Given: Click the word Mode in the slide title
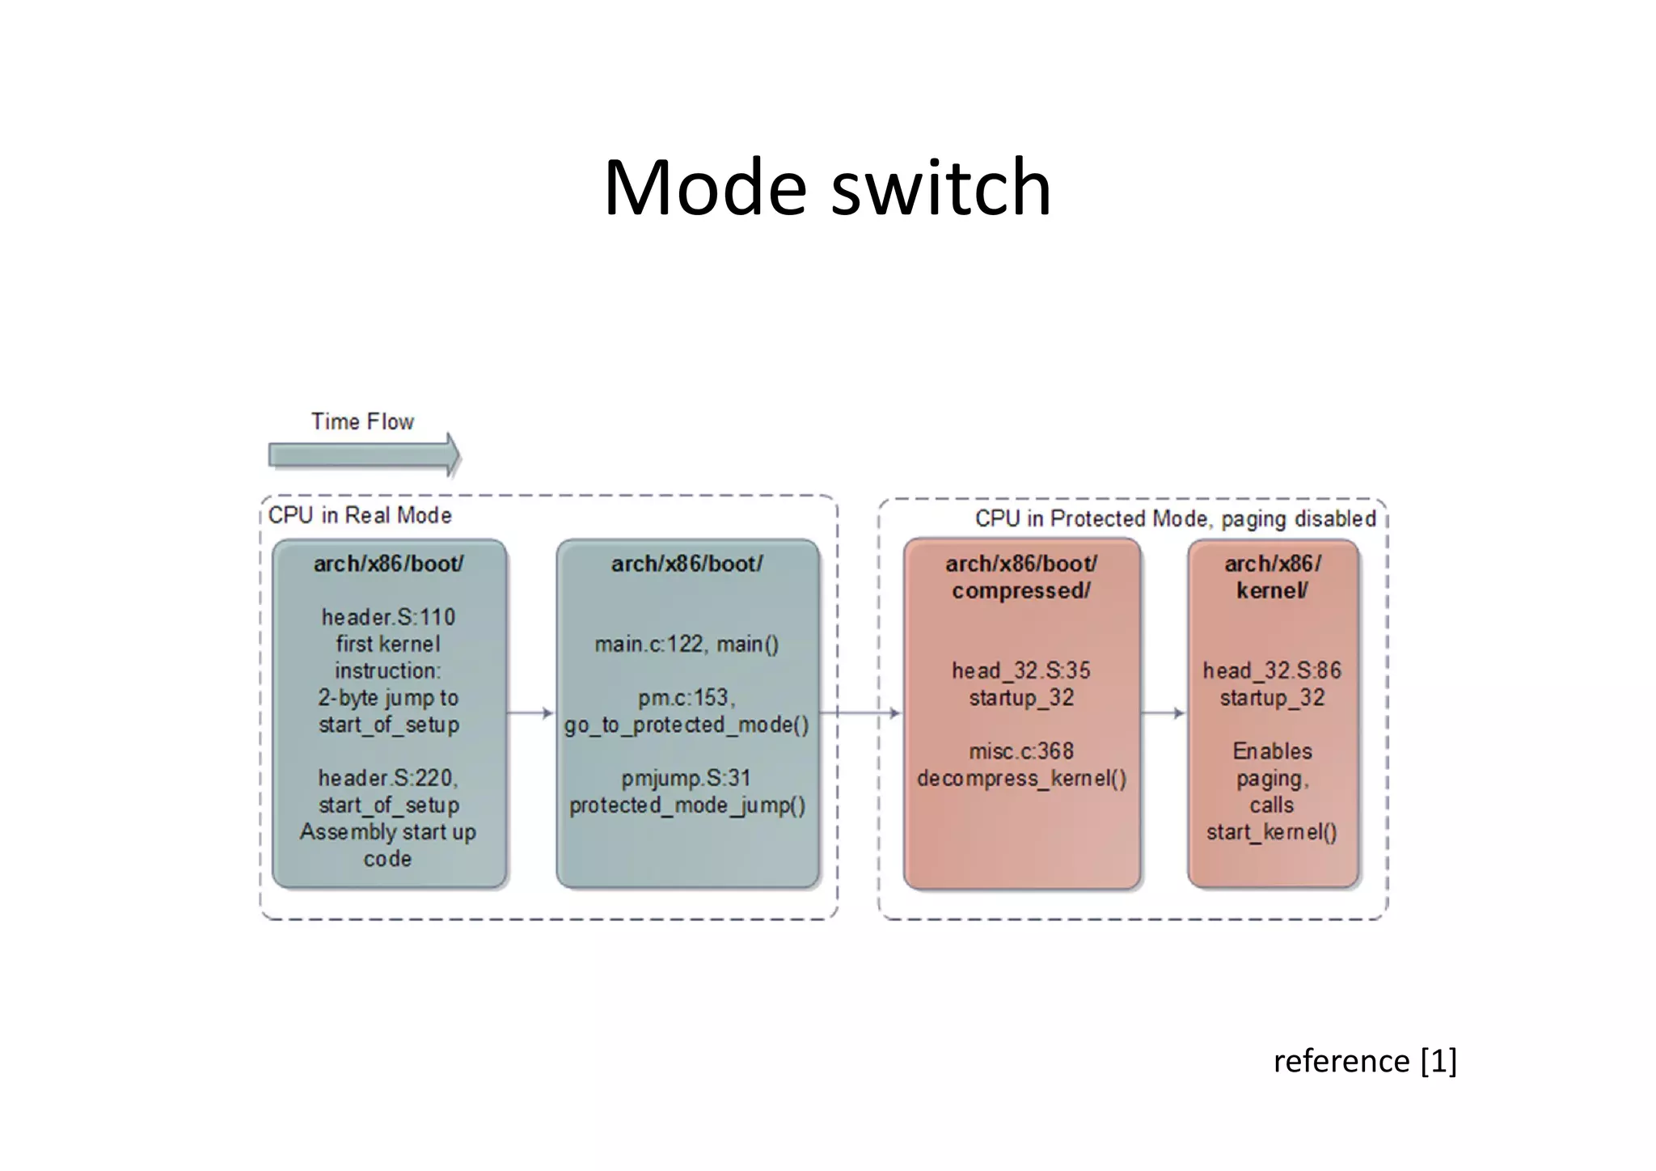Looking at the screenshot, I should pos(704,188).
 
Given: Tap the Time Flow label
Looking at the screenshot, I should pos(362,421).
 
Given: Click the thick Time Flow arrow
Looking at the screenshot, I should pos(363,455).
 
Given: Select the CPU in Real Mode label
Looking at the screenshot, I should pos(360,515).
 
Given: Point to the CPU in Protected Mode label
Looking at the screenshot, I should pos(1175,518).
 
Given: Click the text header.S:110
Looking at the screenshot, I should pos(388,617).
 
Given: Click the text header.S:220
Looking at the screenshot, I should pos(388,778).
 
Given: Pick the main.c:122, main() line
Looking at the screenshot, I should pos(686,644).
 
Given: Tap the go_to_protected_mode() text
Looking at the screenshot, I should pos(686,725).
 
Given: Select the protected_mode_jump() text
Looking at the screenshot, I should pos(687,805).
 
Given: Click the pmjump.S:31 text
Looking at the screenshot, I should pos(686,778).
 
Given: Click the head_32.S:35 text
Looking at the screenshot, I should pos(1021,670).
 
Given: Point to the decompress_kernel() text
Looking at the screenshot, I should pos(1021,778).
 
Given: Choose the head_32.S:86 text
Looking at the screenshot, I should pos(1272,670).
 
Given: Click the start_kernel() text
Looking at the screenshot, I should pos(1272,832).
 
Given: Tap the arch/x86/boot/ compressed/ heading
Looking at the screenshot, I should pos(1021,577).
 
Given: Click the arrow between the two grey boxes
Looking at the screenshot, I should pos(531,712).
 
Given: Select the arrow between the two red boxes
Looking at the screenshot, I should pos(1164,712).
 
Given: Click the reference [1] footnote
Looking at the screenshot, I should pos(1365,1060).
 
